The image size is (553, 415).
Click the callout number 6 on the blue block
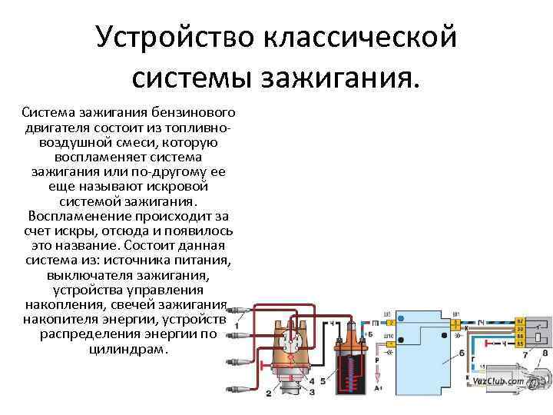461,354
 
